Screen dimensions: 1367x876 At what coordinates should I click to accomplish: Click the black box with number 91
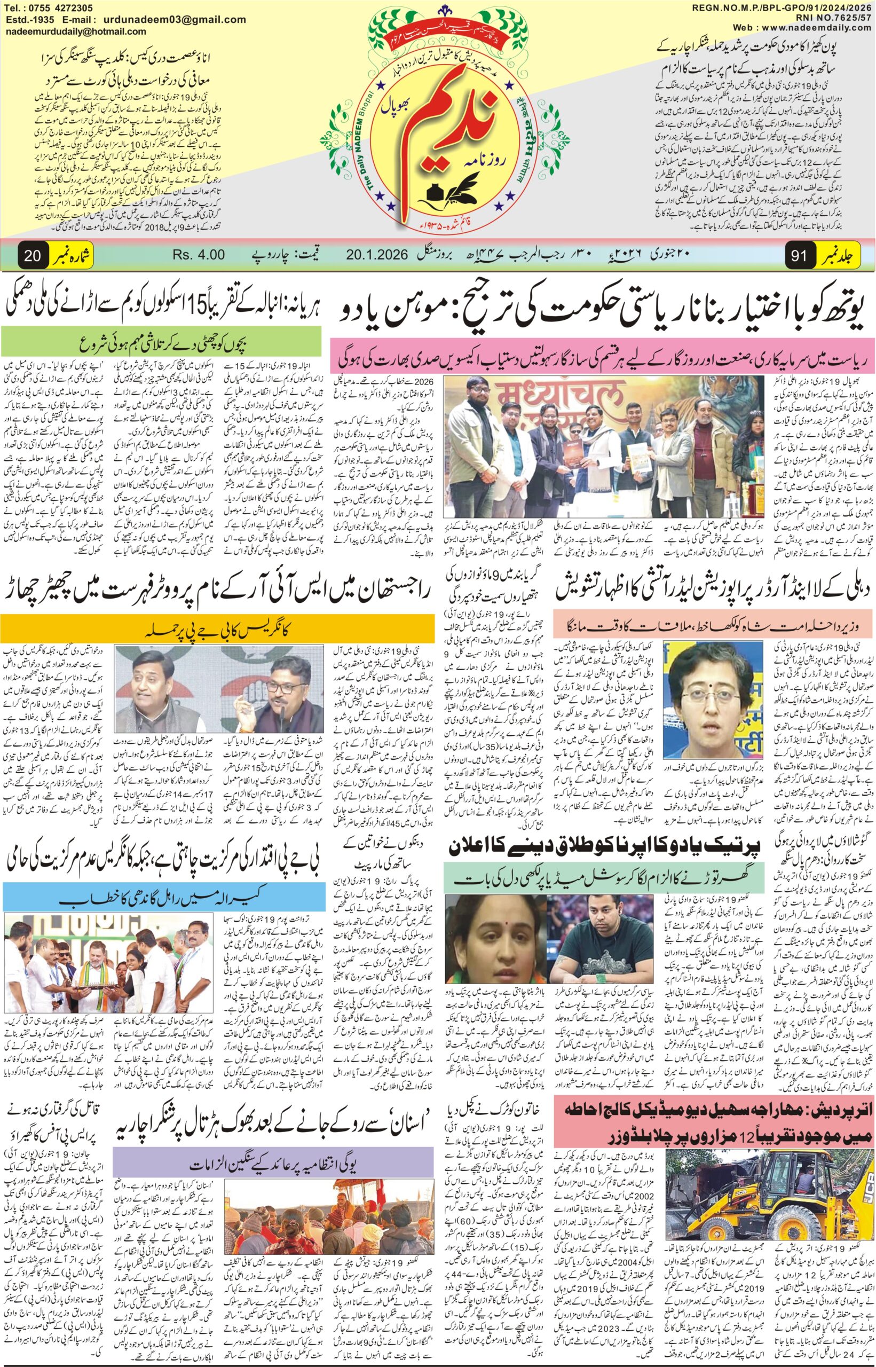(x=798, y=255)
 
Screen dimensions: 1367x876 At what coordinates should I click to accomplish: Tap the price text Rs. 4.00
(x=199, y=255)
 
